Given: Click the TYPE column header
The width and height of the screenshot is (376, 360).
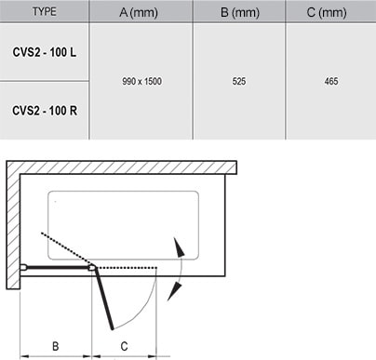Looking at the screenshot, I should [x=44, y=12].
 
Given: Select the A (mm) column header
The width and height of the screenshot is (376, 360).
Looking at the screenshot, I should [x=141, y=12].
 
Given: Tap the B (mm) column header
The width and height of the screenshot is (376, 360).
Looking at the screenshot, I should [x=238, y=12].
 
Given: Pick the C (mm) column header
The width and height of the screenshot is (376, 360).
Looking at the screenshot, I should [x=331, y=12].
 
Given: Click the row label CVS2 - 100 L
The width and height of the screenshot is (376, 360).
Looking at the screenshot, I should [x=45, y=50].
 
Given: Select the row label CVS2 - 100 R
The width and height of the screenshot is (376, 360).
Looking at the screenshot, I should [x=45, y=110].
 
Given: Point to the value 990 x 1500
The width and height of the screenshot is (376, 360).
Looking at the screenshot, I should [x=141, y=82].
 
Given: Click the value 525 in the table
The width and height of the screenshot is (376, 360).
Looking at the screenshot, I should [x=238, y=82].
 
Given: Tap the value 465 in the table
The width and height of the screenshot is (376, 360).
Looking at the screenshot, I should [x=331, y=82].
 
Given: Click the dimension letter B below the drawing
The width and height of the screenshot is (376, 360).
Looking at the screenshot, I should [x=56, y=346].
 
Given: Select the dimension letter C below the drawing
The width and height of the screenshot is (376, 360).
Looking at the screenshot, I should [x=125, y=346].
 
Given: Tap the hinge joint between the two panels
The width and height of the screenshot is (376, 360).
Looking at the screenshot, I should [x=92, y=268].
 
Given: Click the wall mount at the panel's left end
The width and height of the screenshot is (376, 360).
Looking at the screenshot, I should [x=23, y=269].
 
